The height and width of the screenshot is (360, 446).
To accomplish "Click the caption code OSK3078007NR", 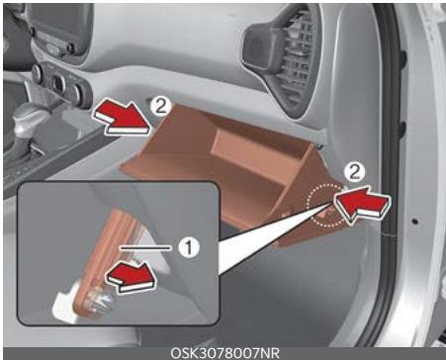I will [x=223, y=351].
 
